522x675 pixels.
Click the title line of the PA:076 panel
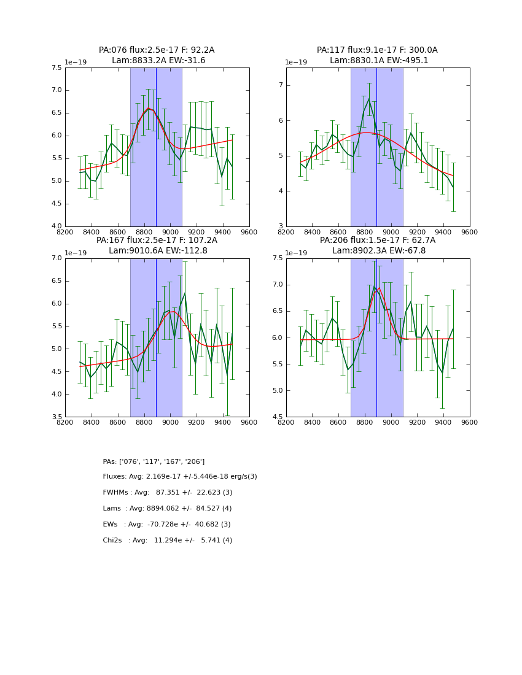tap(157, 50)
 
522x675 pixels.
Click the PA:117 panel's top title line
tap(377, 50)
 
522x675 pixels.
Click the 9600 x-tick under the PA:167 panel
tap(249, 422)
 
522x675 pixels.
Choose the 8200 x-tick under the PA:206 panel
tap(286, 422)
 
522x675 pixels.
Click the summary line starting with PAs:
tap(154, 461)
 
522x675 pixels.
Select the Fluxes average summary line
tap(180, 477)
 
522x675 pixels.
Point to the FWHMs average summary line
tap(168, 493)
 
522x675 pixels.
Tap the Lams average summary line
tap(167, 509)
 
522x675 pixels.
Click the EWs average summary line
tap(166, 525)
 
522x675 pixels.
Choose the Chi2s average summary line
tap(168, 541)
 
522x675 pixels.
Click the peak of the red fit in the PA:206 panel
tap(379, 288)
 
